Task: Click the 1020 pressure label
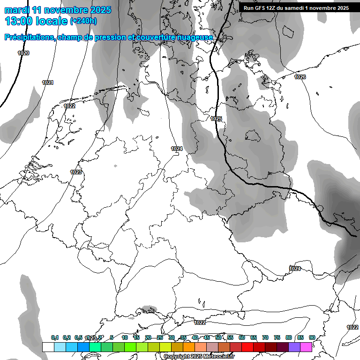click(23, 53)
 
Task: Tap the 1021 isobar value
click(48, 82)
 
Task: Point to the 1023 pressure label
click(76, 172)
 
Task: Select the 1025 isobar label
click(216, 119)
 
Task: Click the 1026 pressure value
click(300, 77)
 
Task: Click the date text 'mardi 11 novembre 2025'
click(58, 10)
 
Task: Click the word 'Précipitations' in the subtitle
click(29, 37)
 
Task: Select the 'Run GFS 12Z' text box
click(296, 8)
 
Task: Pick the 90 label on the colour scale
click(312, 337)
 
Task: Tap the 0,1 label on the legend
click(55, 337)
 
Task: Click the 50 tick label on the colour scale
click(218, 337)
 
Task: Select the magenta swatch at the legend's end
click(306, 347)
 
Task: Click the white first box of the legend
click(48, 347)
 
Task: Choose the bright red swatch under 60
click(247, 347)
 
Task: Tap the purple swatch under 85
click(294, 347)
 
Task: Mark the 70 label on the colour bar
click(265, 337)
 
